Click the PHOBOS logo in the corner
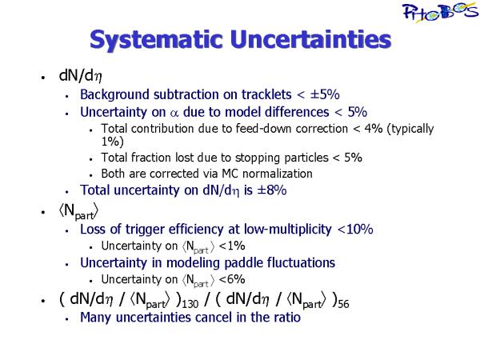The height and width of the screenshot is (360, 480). pos(440,12)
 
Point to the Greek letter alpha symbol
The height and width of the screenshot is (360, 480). pos(174,114)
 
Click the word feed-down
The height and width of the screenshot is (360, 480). pos(263,129)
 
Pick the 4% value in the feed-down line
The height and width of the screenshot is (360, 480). pos(373,129)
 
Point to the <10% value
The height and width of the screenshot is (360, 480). pos(355,229)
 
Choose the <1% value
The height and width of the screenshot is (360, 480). pos(232,246)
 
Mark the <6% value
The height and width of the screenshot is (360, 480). pos(232,279)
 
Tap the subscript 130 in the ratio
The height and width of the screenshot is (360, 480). pos(190,304)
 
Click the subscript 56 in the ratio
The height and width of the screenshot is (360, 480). pos(343,304)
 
